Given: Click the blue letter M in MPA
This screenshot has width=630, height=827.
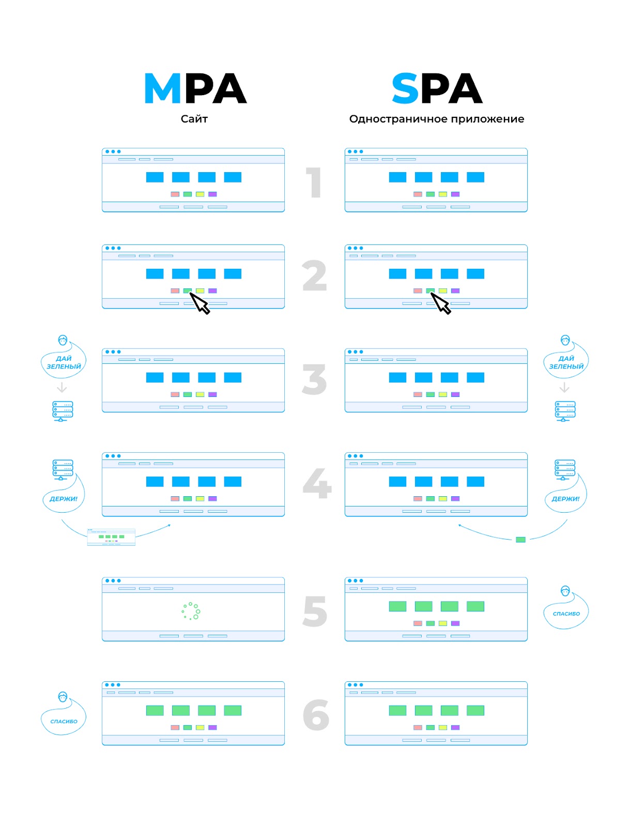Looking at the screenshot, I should click(162, 88).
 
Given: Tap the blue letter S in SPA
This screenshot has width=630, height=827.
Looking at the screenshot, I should click(405, 88).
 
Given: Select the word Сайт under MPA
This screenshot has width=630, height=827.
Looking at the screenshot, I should click(194, 119).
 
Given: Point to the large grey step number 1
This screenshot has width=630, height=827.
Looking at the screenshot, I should click(314, 182).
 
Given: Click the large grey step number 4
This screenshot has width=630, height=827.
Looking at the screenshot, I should click(317, 484).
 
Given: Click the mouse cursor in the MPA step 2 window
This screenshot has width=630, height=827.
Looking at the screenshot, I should click(200, 303).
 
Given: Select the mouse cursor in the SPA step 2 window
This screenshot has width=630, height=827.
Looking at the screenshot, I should click(441, 303).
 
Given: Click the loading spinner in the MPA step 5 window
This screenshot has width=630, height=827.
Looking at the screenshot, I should click(191, 610).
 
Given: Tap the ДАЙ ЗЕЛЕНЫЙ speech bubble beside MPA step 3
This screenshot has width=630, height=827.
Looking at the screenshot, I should click(64, 362).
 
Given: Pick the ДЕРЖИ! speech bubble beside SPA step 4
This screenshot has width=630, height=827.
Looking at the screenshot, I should click(565, 499).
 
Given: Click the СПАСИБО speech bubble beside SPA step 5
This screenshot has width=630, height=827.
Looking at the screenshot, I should click(566, 614).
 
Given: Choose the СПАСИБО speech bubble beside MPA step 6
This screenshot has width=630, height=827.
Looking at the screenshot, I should click(64, 721).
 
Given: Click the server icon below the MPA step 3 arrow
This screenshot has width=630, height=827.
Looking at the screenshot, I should click(63, 411).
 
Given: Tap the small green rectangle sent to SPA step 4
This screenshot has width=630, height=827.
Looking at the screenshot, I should click(520, 540).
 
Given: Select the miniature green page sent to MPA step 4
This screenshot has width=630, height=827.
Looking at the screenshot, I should click(111, 537).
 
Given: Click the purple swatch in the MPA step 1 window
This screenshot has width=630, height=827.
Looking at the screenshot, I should click(212, 194).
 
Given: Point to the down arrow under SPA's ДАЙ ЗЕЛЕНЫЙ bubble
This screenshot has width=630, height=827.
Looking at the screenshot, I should click(564, 387).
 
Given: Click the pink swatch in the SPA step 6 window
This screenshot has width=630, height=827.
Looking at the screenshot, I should click(418, 727).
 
